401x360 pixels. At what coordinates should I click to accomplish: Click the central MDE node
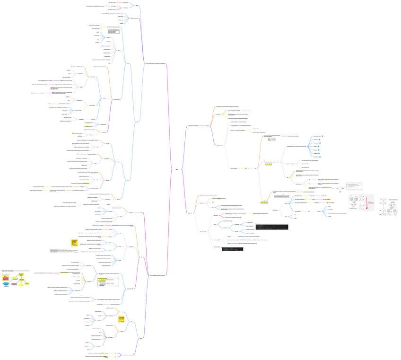[176, 169]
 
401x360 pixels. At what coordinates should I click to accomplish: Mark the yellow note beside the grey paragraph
[74, 243]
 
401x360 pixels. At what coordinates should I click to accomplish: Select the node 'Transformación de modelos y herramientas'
[155, 63]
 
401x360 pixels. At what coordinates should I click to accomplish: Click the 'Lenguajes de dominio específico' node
[157, 275]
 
